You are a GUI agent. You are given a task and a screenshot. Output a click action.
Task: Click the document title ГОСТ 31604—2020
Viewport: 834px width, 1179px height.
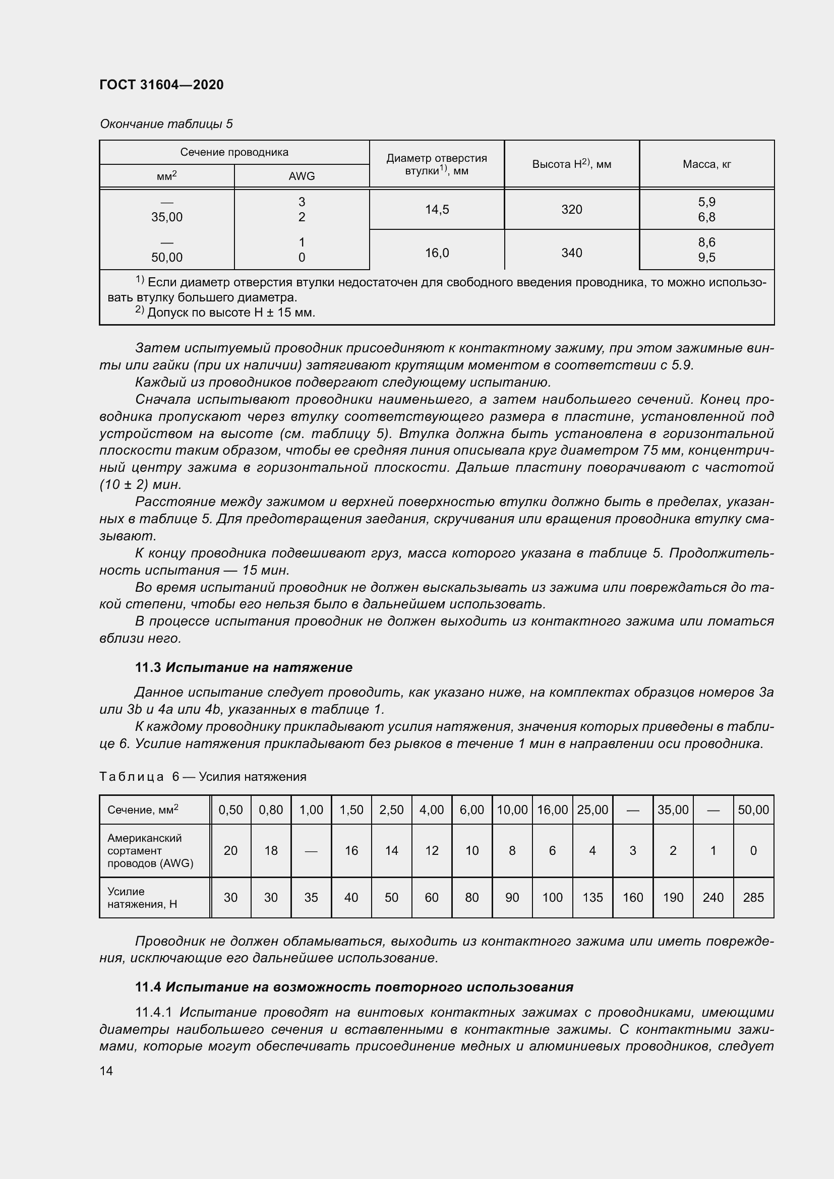(161, 85)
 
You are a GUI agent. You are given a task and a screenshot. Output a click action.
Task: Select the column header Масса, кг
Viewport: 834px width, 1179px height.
(706, 164)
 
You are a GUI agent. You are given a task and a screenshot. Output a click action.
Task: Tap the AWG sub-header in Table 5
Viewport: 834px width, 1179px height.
(302, 176)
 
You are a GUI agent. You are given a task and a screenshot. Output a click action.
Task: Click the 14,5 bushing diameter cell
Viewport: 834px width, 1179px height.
(437, 210)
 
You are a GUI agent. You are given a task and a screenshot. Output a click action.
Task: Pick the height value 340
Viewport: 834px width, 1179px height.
(572, 253)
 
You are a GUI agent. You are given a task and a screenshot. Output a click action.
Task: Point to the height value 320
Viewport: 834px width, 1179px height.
(572, 210)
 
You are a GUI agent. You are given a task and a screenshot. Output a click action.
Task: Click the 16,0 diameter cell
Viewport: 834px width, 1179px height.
(437, 253)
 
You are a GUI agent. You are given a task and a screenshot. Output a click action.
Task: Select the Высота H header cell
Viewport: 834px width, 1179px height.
(572, 164)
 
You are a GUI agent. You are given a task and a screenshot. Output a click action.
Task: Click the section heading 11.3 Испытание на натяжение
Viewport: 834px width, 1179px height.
(244, 667)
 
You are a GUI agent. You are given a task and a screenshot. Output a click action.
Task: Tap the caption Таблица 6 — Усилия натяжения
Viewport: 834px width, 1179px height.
(203, 776)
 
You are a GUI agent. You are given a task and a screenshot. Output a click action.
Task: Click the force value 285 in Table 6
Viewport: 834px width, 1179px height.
(753, 897)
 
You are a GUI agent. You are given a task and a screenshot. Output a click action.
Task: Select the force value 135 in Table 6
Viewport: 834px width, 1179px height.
(592, 897)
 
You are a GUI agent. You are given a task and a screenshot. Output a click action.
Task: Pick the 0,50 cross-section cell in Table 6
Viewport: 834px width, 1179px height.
(230, 810)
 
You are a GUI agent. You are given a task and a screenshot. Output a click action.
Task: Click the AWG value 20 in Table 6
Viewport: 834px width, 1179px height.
(230, 850)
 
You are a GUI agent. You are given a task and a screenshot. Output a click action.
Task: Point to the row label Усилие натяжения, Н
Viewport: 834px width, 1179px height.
(142, 897)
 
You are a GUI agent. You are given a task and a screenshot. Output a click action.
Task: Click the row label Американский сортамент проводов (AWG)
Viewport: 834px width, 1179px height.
(150, 850)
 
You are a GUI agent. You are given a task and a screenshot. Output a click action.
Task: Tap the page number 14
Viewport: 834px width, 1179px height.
(106, 1071)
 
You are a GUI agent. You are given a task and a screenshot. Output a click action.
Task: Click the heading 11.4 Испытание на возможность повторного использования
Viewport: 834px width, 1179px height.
(354, 987)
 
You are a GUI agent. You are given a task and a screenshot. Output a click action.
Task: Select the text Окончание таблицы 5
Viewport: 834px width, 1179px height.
(166, 124)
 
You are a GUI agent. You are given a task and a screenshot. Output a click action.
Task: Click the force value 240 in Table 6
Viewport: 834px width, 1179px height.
(713, 897)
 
